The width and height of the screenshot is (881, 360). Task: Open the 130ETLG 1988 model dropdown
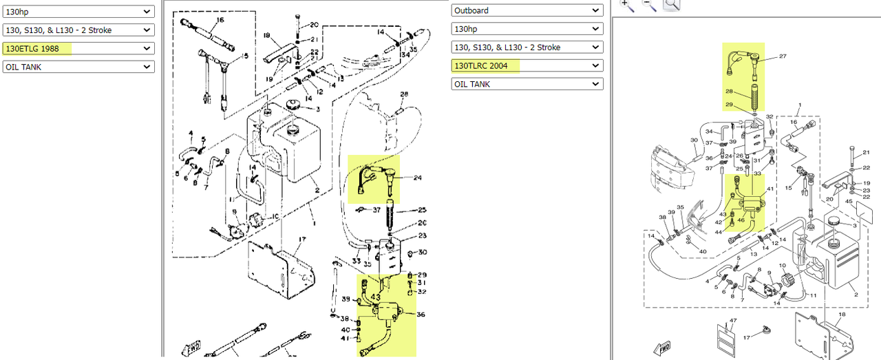click(x=78, y=48)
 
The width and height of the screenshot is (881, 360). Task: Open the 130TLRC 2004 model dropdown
click(x=527, y=65)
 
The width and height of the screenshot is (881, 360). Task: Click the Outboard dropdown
click(x=527, y=10)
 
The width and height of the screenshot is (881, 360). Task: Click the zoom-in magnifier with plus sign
click(x=626, y=4)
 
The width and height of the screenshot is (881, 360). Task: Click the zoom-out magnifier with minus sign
click(x=649, y=4)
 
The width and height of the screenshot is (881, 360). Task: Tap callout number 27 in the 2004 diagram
click(x=783, y=57)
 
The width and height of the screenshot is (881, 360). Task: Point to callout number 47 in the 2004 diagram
click(x=733, y=321)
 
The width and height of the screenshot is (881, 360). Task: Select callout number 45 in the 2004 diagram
click(x=849, y=202)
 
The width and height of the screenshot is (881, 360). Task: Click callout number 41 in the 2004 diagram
click(x=770, y=189)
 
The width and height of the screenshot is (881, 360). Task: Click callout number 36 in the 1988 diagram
click(x=420, y=315)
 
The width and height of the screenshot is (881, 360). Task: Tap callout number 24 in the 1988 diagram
click(x=417, y=178)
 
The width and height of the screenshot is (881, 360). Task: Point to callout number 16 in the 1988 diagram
click(x=220, y=20)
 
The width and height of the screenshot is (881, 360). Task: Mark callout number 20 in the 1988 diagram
click(x=314, y=25)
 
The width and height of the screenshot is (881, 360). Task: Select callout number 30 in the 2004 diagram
click(x=694, y=140)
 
